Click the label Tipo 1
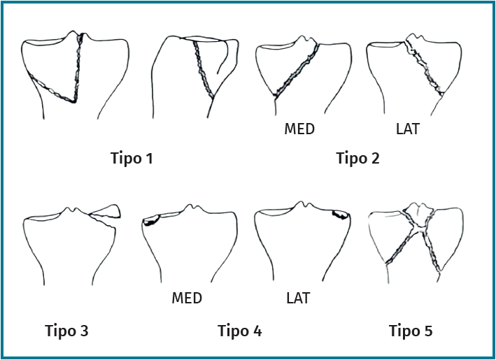point(132,158)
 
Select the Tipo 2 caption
point(357,158)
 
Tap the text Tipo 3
point(66,331)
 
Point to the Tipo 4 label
point(240,331)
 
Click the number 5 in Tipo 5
point(428,331)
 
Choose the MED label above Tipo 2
point(299,129)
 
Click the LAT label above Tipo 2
point(407,129)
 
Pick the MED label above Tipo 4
point(187,298)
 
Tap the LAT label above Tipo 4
point(298,298)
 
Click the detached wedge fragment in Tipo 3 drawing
point(106,212)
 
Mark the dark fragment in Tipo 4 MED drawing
point(151,220)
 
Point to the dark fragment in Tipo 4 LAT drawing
point(341,215)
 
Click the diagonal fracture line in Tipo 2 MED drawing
point(296,70)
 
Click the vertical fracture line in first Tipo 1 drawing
point(78,67)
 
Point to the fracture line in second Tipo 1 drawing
point(203,69)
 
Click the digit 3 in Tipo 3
point(84,331)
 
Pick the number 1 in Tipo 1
point(149,158)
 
